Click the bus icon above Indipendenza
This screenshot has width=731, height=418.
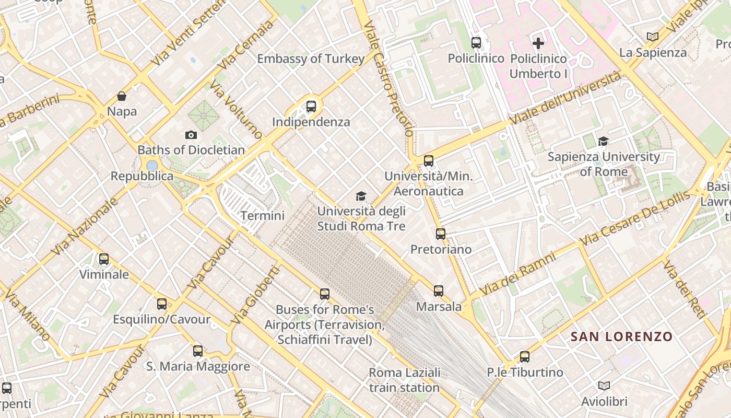tap(311, 107)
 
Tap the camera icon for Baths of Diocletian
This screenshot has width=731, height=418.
tap(191, 135)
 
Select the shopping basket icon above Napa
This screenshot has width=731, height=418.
tap(122, 96)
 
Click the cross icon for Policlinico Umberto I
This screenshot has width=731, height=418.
tap(538, 43)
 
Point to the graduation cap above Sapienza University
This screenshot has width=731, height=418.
tap(604, 141)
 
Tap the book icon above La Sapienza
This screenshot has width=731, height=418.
tap(652, 37)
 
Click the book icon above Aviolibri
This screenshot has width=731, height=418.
tap(604, 386)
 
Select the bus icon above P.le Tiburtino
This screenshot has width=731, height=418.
tap(525, 357)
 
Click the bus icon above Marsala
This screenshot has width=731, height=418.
tap(439, 291)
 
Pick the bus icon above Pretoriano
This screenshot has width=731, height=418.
tap(441, 234)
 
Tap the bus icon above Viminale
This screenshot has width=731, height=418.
tap(104, 259)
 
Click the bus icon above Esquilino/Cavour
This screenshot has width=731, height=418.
tap(162, 304)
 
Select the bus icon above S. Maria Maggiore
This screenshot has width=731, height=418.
tap(198, 351)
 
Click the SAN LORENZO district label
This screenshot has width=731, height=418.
tap(621, 336)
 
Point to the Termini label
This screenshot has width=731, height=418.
tap(262, 216)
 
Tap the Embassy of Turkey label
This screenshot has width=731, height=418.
tap(311, 59)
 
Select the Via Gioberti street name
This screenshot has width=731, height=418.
tap(255, 295)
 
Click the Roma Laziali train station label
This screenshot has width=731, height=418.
tap(404, 380)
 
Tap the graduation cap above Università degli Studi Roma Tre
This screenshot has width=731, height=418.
tap(361, 196)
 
